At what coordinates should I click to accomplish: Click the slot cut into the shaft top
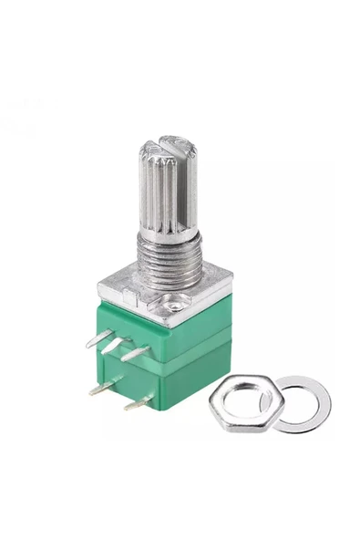170,145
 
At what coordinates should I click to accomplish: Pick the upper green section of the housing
164,333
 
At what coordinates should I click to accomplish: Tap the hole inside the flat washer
302,401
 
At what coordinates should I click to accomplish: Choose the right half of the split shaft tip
182,146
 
